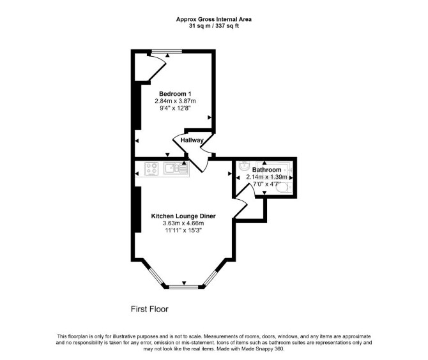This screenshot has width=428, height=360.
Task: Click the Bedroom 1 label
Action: click(x=175, y=94)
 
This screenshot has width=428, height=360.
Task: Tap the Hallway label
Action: click(x=192, y=140)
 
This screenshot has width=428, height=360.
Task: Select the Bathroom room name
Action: click(x=266, y=170)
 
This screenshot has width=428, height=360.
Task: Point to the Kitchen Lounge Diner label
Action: click(x=183, y=216)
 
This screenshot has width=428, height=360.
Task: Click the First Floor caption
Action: click(x=149, y=309)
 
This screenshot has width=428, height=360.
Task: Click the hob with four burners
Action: click(x=152, y=169)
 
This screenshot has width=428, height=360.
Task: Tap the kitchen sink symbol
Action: click(x=176, y=168)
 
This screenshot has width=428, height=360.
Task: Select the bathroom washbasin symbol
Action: click(x=244, y=165)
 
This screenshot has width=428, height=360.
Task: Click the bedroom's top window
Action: click(x=167, y=51)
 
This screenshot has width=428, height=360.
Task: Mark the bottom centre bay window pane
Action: click(x=184, y=287)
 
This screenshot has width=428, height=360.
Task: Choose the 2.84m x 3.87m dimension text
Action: click(x=175, y=101)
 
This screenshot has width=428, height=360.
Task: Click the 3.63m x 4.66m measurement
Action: click(x=183, y=223)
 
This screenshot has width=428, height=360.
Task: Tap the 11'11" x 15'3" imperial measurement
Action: click(x=183, y=230)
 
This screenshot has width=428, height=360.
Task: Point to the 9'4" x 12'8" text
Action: click(x=175, y=109)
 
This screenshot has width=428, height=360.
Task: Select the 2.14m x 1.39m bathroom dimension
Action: click(x=266, y=177)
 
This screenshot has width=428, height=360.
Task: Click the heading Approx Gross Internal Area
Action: click(x=214, y=19)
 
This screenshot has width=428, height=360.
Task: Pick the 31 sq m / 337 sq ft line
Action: click(x=214, y=26)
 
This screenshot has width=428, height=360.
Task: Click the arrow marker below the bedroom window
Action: click(x=167, y=56)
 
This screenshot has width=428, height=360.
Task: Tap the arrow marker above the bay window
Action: click(x=184, y=283)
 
